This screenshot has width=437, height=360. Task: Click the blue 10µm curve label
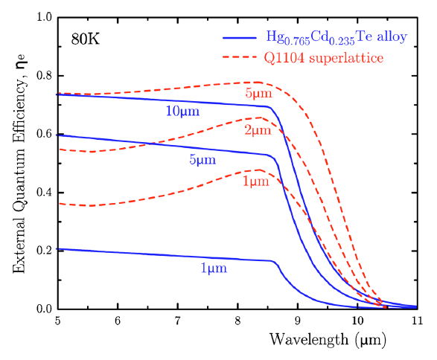point(183,112)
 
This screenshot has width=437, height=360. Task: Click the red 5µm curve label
point(259,94)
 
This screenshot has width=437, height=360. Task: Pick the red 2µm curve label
point(259,131)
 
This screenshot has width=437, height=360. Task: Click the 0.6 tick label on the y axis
point(43,134)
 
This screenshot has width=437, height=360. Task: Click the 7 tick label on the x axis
point(178,321)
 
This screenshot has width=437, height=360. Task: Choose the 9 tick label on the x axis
point(298,321)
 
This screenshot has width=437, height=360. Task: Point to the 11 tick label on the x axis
point(417,321)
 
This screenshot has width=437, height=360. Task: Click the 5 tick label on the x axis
point(59,321)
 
